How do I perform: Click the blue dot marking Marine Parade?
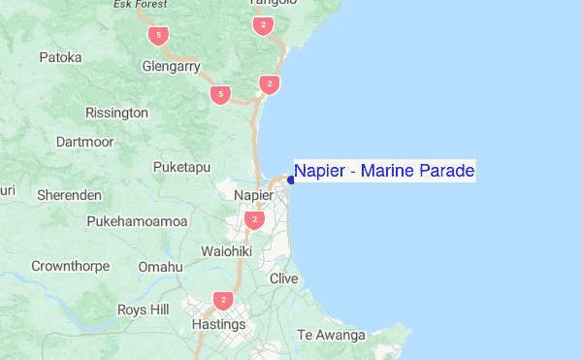(x=291, y=180)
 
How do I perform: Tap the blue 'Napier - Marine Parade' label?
(x=384, y=172)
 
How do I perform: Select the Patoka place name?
(x=60, y=58)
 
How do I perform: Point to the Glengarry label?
(x=171, y=68)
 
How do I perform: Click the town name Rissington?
(x=117, y=114)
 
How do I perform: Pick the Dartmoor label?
(x=85, y=143)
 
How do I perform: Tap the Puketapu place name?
(x=181, y=168)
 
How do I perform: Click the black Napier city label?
(x=255, y=195)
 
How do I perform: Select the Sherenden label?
(x=69, y=195)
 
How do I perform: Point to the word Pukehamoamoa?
(x=137, y=221)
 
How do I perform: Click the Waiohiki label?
(x=226, y=251)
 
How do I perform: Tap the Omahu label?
(x=160, y=267)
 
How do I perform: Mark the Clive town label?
(x=284, y=278)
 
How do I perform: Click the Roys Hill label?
(x=143, y=310)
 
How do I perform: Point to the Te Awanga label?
(x=331, y=336)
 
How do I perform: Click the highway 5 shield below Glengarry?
(x=221, y=94)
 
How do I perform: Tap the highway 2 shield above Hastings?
(x=224, y=301)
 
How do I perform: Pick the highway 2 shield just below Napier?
(x=254, y=220)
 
